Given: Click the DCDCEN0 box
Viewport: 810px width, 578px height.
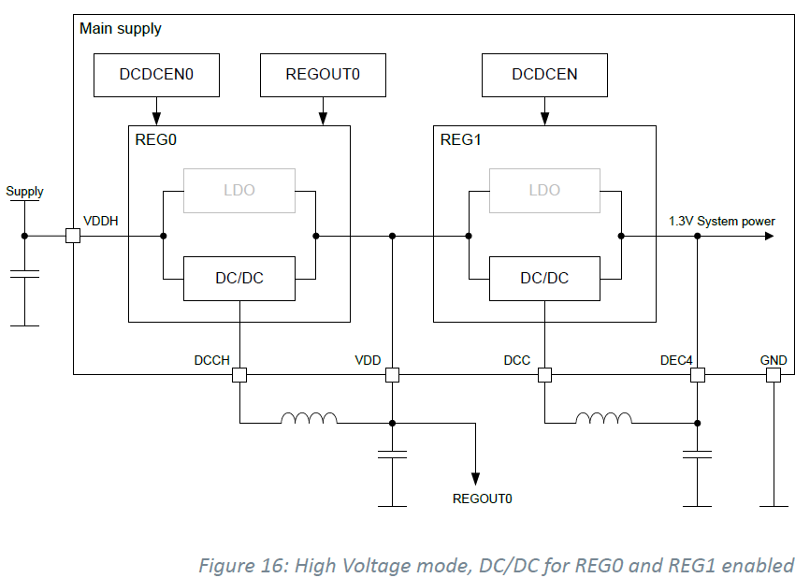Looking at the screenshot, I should (156, 75).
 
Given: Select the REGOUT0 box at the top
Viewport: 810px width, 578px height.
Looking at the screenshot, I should (323, 75).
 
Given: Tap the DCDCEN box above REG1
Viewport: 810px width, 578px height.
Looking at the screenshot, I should (544, 75).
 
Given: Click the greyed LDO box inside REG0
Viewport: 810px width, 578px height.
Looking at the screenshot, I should (239, 190).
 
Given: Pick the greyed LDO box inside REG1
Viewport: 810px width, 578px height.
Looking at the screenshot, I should (544, 190).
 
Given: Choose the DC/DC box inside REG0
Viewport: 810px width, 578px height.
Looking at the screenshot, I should (239, 278).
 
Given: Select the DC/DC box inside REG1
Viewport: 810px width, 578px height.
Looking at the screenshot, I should (544, 278).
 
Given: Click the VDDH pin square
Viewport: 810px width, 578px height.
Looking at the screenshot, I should (73, 236).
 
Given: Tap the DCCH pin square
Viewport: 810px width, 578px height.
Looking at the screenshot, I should (239, 375).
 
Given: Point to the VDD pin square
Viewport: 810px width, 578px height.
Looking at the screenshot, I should (393, 375).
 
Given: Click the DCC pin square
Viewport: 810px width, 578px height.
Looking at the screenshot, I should (544, 375).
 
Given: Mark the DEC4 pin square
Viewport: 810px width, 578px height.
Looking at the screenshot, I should (697, 375).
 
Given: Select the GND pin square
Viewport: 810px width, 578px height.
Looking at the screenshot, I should (774, 375).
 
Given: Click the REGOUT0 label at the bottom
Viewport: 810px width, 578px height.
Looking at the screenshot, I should (482, 499).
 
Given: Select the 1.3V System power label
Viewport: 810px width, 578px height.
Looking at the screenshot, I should (721, 221).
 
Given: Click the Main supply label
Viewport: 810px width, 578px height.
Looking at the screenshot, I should (121, 29).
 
